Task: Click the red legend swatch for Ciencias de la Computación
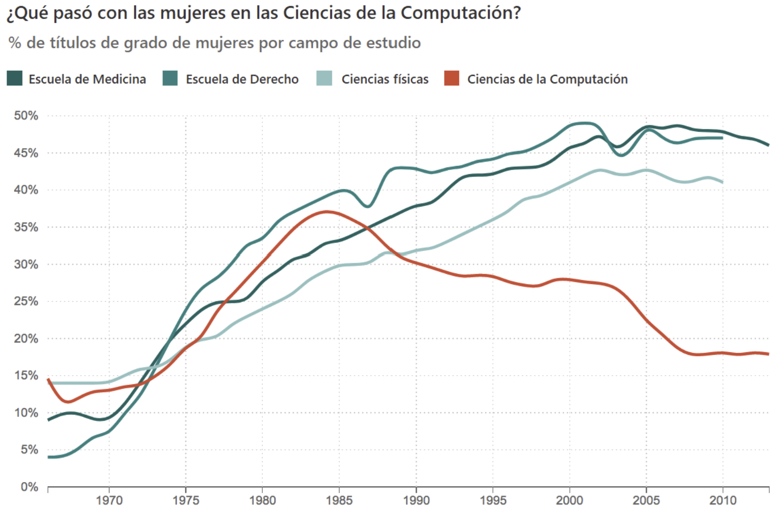pyautogui.click(x=452, y=78)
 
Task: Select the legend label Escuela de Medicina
pyautogui.click(x=87, y=79)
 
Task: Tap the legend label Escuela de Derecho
pyautogui.click(x=242, y=79)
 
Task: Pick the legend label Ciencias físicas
pyautogui.click(x=385, y=79)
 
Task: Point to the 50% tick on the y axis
pyautogui.click(x=26, y=116)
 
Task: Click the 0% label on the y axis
pyautogui.click(x=30, y=487)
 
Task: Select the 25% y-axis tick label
pyautogui.click(x=26, y=301)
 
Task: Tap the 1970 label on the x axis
pyautogui.click(x=109, y=500)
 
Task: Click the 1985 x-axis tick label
pyautogui.click(x=339, y=500)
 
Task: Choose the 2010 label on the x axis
pyautogui.click(x=722, y=500)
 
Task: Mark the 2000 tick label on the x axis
pyautogui.click(x=569, y=500)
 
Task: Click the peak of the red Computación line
pyautogui.click(x=326, y=211)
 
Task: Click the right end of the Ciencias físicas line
pyautogui.click(x=722, y=182)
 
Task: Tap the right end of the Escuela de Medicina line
pyautogui.click(x=768, y=145)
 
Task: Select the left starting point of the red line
pyautogui.click(x=48, y=379)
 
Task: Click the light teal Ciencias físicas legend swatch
pyautogui.click(x=324, y=78)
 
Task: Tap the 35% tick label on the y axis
pyautogui.click(x=26, y=227)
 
